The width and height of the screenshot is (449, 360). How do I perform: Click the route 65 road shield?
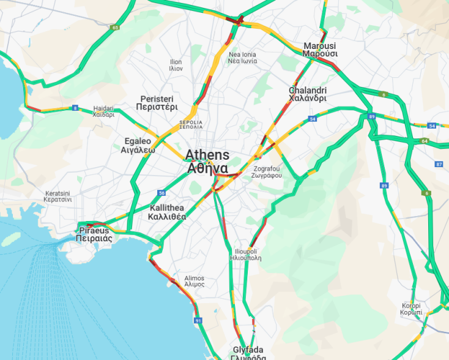[x=115, y=28]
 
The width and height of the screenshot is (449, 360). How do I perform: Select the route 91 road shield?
[x=198, y=320]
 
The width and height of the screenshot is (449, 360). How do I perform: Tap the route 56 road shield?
[x=161, y=193]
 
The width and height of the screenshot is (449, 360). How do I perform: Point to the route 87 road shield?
[x=439, y=164]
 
